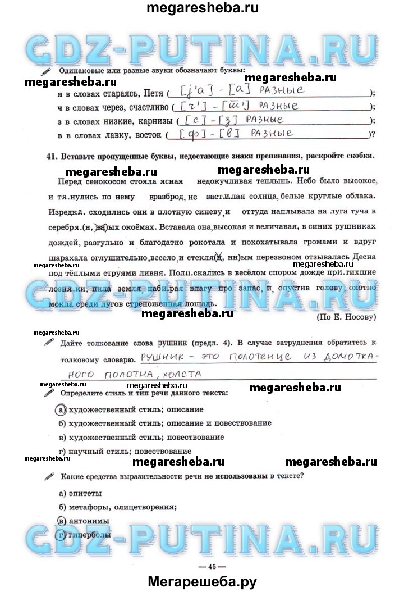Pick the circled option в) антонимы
coord(62,521)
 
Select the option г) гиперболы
coord(85,535)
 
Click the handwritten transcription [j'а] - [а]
coord(207,90)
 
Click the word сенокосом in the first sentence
coord(111,183)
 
